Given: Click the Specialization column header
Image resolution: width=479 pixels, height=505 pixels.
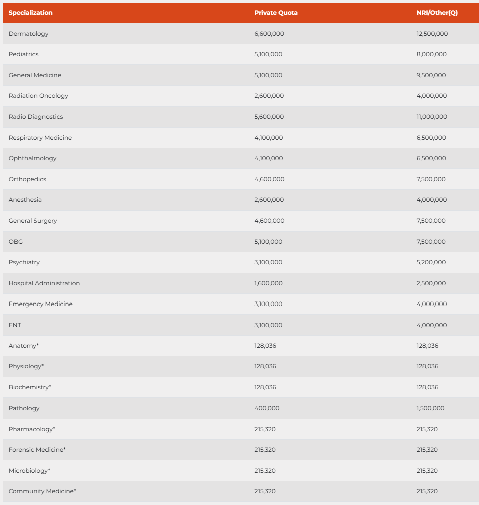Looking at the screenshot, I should pos(30,13).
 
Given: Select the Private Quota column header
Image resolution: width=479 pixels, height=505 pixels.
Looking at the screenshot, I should pos(276,13).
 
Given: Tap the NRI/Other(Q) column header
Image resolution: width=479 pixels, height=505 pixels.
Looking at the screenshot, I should pos(437,13).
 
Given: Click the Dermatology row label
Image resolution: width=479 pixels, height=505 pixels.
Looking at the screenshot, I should pos(29,34).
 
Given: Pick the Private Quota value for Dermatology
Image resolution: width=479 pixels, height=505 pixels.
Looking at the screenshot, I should pos(269,34).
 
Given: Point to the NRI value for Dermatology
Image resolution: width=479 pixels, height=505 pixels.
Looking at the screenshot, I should pos(432,34).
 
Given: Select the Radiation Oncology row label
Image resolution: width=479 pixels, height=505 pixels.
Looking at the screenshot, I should pos(38,96).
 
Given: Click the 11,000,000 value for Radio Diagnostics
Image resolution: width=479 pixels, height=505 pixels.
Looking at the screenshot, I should pos(432,117).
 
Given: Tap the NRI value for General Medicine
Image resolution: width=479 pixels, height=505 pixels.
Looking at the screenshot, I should pos(431,75).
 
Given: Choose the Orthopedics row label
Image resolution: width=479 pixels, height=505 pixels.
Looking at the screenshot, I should pos(27,179).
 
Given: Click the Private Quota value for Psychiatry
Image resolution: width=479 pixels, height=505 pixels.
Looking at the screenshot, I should pos(268,262).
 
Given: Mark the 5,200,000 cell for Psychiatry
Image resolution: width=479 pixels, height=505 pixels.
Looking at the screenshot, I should pos(431,262).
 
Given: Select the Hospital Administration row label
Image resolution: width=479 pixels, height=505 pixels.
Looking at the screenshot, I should pos(44,283).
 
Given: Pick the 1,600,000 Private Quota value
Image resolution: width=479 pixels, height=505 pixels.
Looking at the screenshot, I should pos(268,283).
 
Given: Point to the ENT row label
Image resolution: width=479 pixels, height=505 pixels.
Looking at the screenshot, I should pos(15,325).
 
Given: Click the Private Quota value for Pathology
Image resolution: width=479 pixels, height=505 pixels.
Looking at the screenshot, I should pos(267,408).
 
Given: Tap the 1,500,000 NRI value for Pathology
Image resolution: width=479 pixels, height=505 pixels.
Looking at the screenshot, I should pos(430,408).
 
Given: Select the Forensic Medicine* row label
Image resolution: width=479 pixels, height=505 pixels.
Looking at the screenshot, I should pos(37,450).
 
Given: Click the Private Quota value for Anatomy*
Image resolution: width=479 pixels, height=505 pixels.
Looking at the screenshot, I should pos(265,346).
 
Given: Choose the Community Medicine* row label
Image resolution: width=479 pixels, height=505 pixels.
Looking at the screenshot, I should pos(42,491).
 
